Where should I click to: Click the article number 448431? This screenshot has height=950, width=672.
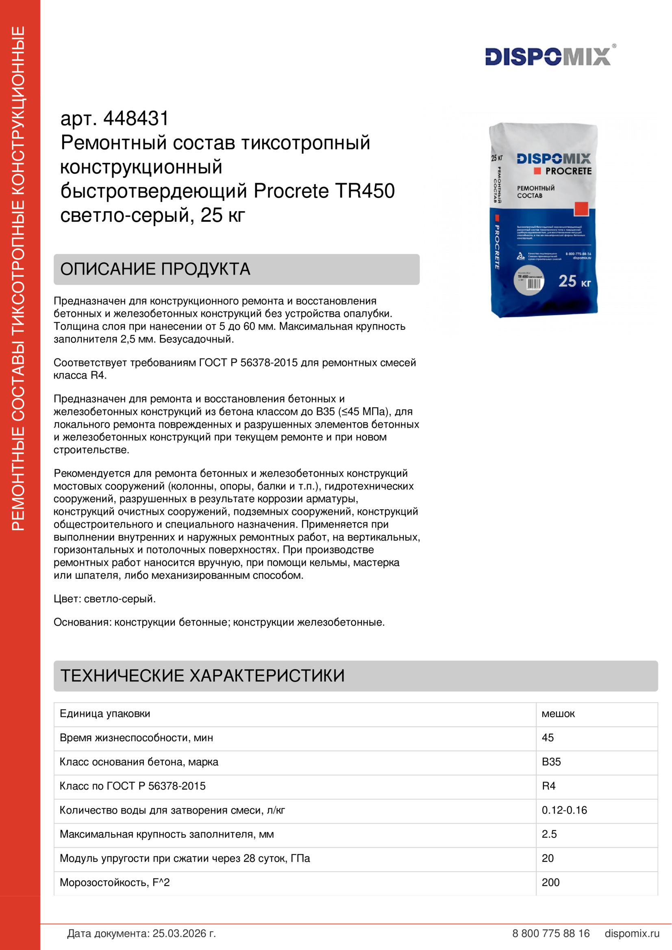[136, 119]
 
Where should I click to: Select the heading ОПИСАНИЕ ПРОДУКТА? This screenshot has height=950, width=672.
[155, 269]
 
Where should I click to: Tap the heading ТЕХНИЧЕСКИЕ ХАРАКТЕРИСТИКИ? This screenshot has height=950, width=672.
[202, 676]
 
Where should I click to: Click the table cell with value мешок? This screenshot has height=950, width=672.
[558, 714]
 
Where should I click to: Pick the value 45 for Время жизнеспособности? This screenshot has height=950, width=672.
[548, 738]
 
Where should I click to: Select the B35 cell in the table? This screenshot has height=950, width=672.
[551, 762]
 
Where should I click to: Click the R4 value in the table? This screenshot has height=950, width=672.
[548, 786]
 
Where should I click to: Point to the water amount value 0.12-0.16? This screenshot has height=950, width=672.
[564, 810]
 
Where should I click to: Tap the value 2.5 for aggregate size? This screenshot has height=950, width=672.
[549, 834]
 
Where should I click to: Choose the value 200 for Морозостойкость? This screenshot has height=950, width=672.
[551, 883]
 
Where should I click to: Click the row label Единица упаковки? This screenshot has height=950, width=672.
[105, 714]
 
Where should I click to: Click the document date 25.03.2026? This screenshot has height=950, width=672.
[184, 933]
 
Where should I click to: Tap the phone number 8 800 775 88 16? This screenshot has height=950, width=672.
[551, 933]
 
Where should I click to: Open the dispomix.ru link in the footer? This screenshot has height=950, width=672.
[632, 933]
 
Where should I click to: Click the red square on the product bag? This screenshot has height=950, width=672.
[581, 208]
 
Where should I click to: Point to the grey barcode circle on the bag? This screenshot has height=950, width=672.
[529, 281]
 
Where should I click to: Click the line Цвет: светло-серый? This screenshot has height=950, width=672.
[105, 599]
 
